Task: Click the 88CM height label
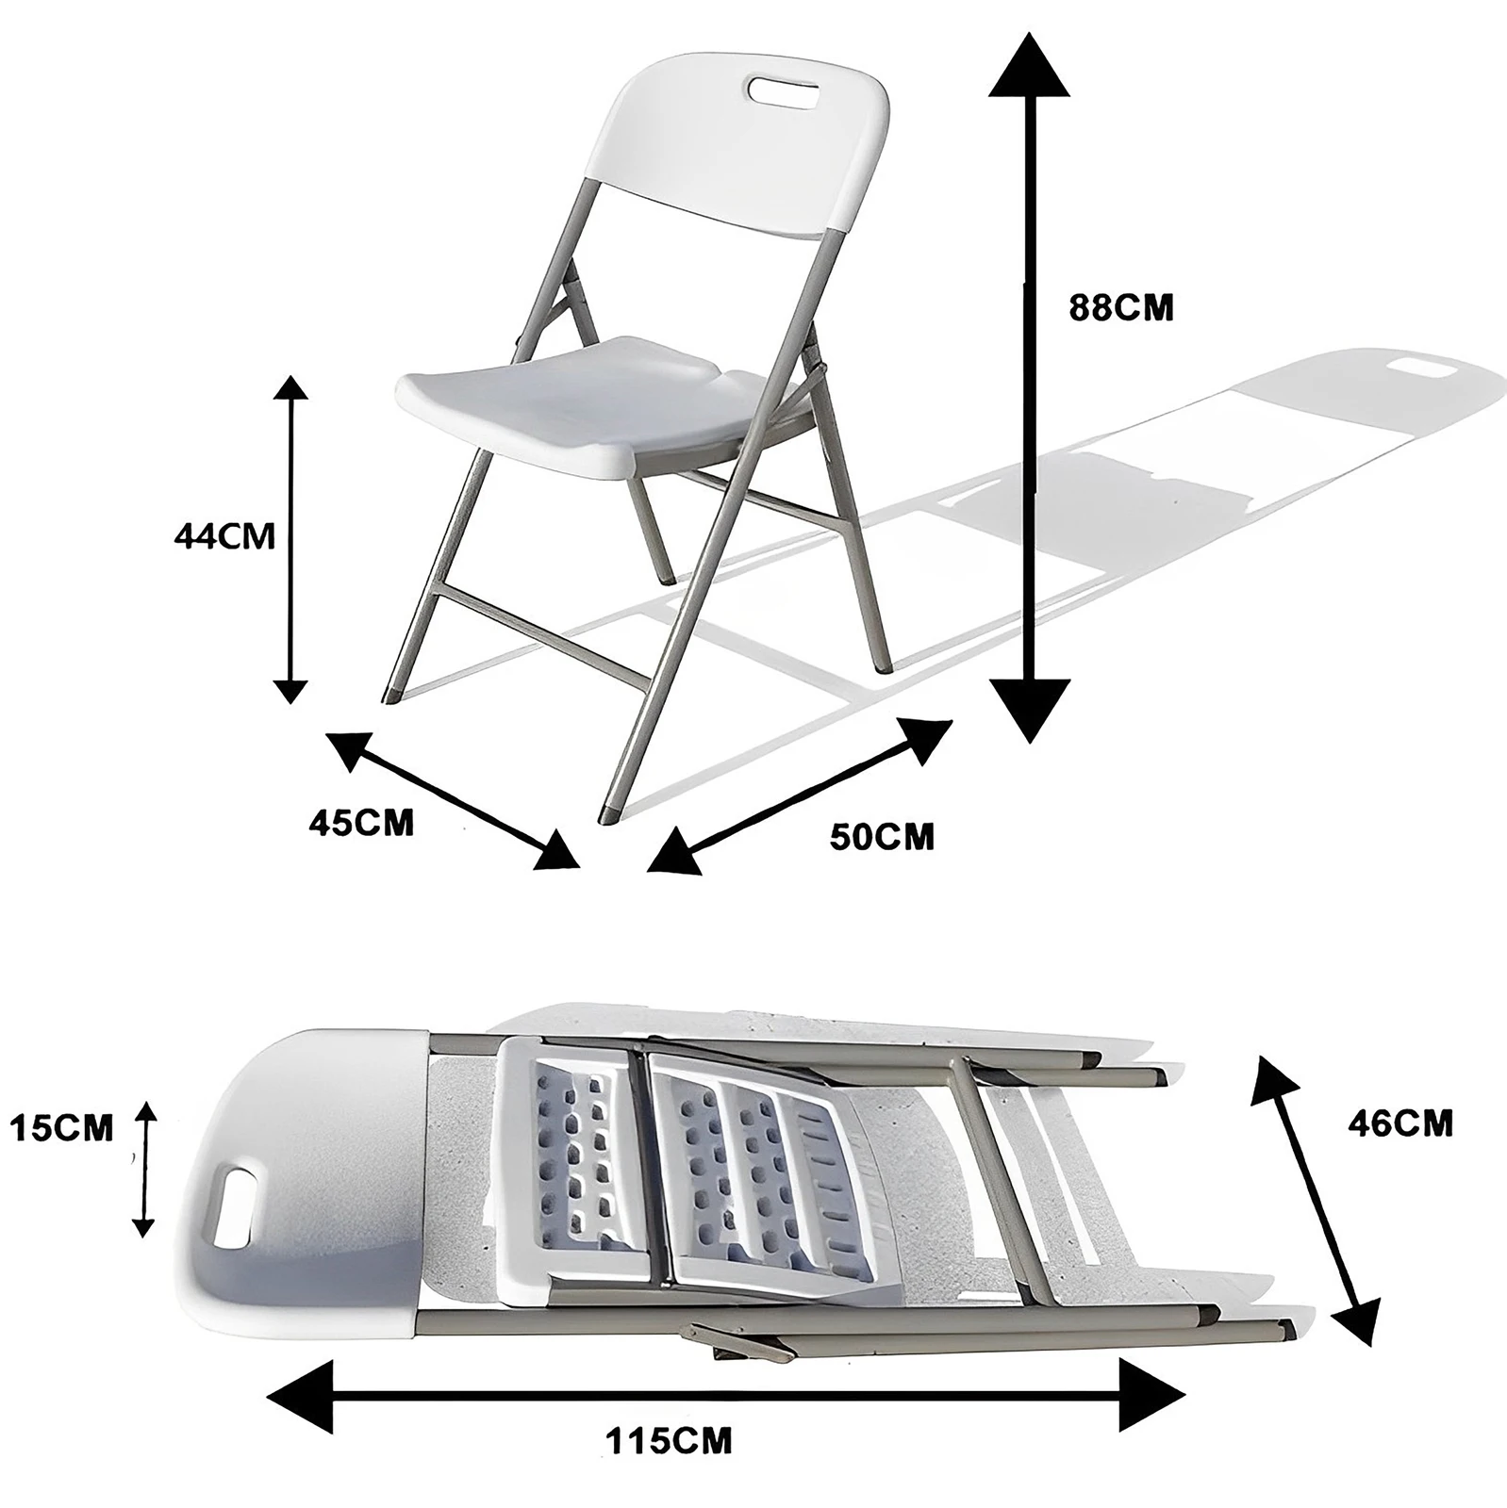1120,308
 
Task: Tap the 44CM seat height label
224,536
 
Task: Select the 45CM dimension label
361,822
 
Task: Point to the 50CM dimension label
882,836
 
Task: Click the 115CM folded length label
669,1467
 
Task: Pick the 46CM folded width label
1399,1123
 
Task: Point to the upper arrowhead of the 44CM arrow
290,388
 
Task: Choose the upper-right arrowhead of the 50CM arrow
925,738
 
